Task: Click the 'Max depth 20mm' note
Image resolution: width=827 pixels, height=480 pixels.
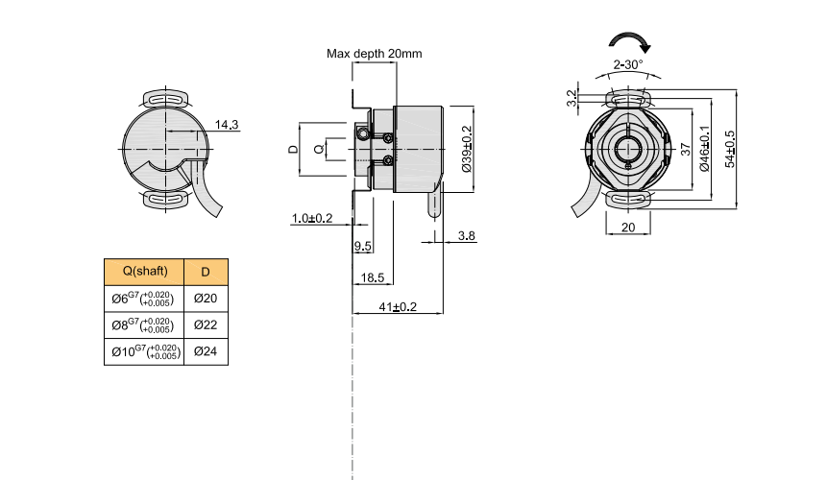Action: (x=374, y=54)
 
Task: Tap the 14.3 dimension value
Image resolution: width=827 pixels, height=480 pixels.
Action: (x=227, y=125)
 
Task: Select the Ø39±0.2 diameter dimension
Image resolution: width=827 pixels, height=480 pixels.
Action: (x=467, y=149)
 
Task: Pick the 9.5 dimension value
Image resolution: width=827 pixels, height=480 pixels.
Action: (x=362, y=247)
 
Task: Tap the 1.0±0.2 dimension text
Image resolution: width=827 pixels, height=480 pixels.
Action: (x=311, y=218)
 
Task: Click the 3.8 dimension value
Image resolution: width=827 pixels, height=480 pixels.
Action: (x=467, y=235)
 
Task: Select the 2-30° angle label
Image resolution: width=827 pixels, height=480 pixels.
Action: (x=628, y=64)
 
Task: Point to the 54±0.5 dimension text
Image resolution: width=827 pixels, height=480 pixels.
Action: (x=729, y=149)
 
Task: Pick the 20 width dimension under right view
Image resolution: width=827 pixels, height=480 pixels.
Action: (x=627, y=228)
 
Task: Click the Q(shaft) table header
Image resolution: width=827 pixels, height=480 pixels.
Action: (x=142, y=272)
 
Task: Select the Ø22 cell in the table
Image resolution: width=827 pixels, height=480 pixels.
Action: (x=206, y=324)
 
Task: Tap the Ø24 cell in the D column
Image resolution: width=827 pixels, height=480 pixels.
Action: (x=206, y=351)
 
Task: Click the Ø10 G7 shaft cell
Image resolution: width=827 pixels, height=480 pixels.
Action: (x=142, y=351)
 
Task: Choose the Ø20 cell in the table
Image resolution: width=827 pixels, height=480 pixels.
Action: (x=206, y=299)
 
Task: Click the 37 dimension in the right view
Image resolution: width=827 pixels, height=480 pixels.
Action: (x=685, y=149)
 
